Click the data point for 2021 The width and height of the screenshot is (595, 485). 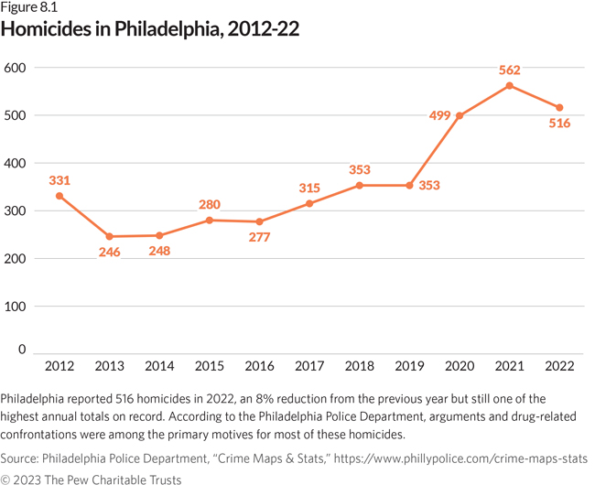(x=509, y=86)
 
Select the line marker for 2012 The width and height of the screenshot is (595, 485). (x=59, y=196)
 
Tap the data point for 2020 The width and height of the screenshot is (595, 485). (x=460, y=116)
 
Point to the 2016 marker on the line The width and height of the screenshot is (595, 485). (x=259, y=221)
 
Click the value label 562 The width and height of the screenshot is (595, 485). (x=509, y=69)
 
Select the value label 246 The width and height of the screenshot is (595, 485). (x=109, y=252)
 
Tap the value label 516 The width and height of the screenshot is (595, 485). (x=558, y=124)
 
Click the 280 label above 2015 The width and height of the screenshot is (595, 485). (x=210, y=203)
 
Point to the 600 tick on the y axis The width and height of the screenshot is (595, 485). (x=16, y=69)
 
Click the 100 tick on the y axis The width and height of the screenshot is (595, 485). (x=16, y=307)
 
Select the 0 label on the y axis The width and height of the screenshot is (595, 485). (x=22, y=350)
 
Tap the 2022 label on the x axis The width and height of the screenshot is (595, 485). (x=558, y=367)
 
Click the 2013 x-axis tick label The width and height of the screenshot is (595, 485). (x=109, y=367)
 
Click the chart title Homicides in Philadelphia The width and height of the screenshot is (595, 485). (x=150, y=29)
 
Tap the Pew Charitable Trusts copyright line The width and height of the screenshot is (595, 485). (x=92, y=478)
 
